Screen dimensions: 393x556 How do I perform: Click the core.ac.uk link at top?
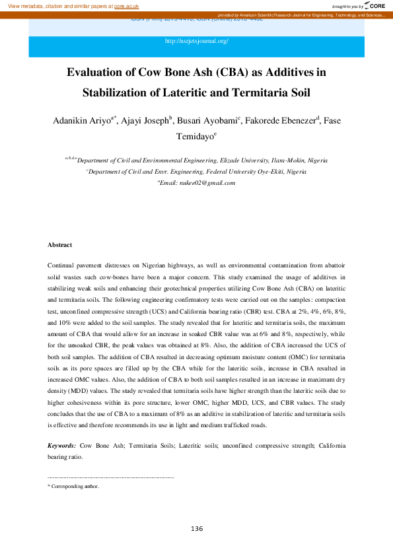126,5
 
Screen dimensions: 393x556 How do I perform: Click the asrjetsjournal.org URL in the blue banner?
197,42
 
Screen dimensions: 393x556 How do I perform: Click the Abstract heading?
59,245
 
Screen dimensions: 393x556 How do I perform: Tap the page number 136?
196,529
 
